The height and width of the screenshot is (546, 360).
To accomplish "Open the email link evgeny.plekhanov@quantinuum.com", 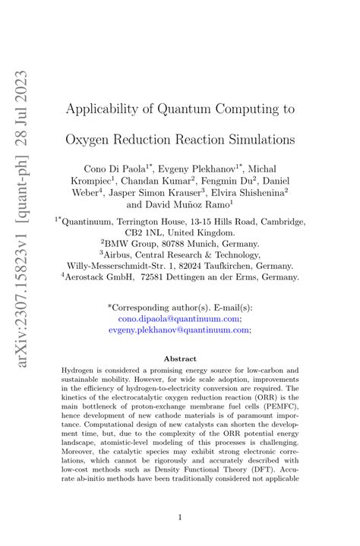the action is tap(179, 331).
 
